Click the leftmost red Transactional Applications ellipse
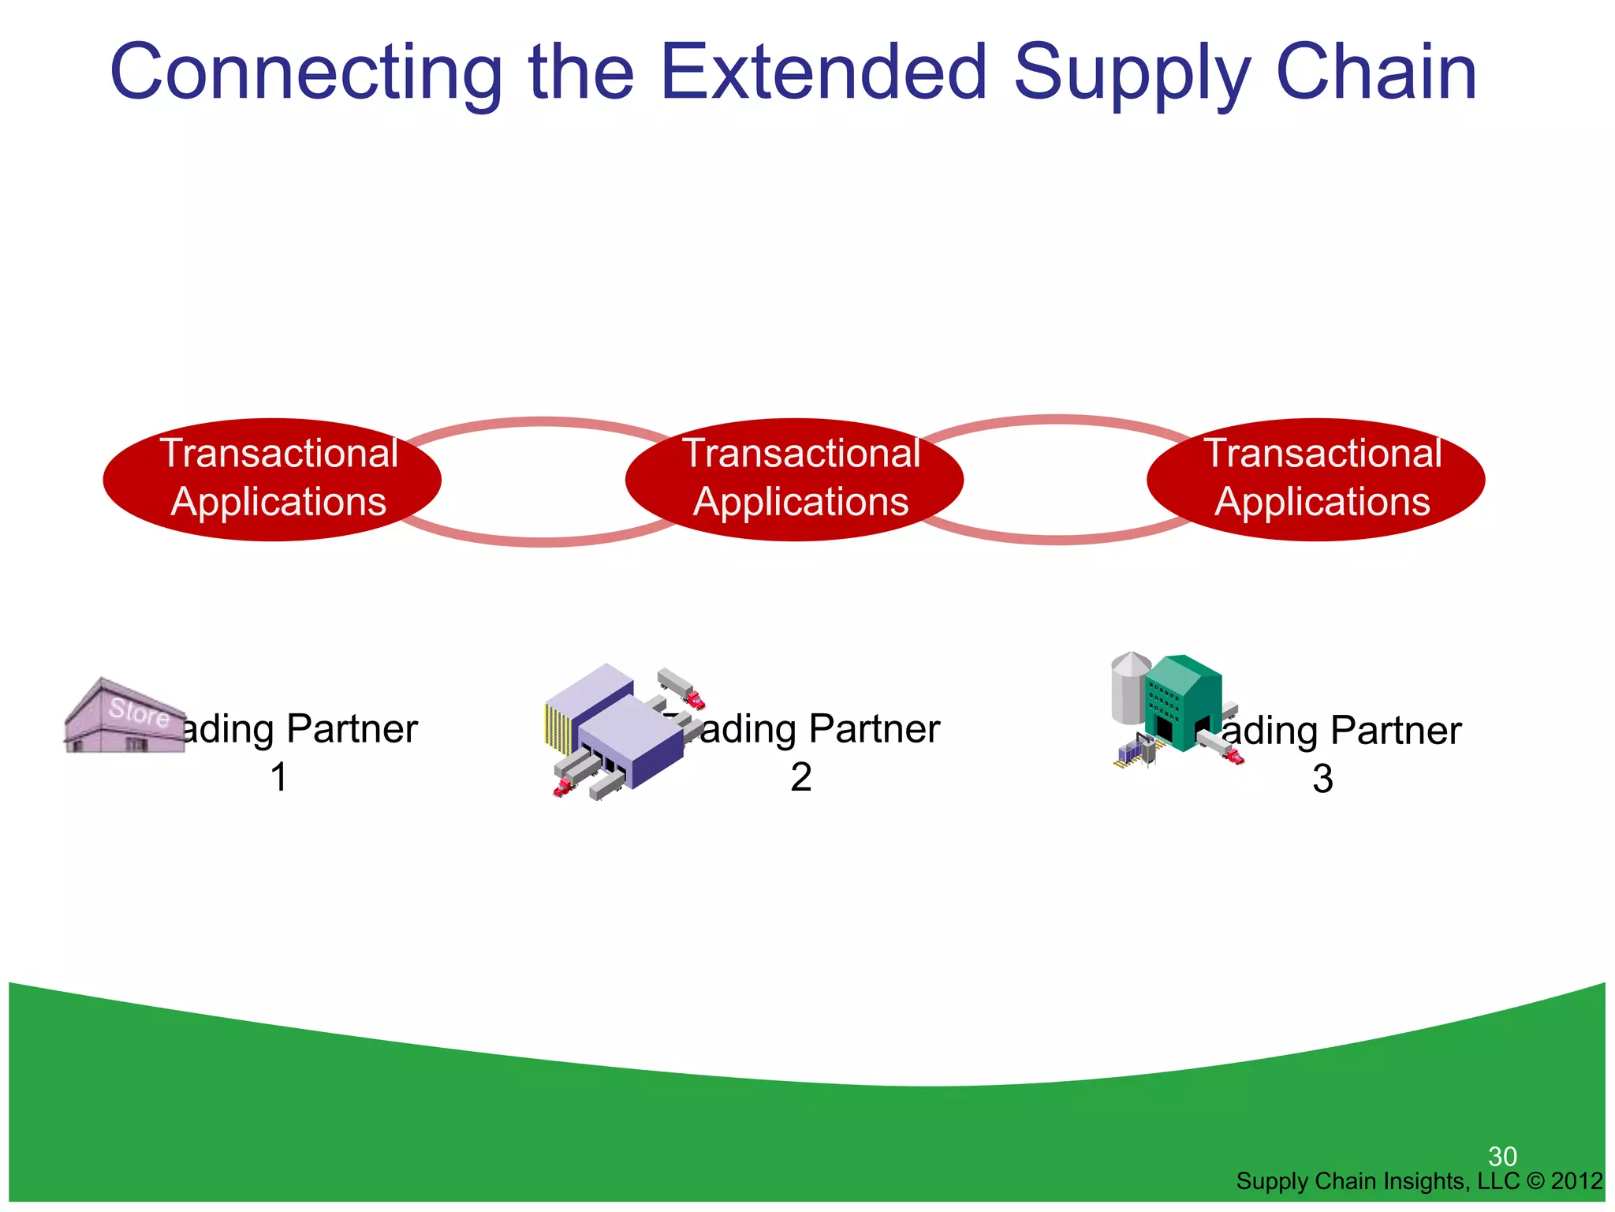pos(272,479)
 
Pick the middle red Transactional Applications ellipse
pos(794,479)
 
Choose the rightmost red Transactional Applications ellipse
pos(1316,479)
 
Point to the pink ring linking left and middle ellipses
pos(543,541)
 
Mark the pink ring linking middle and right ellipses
pos(1057,538)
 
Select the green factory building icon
pos(1183,702)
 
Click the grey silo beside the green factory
pos(1129,686)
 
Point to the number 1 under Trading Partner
pos(278,777)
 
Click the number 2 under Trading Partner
pos(800,777)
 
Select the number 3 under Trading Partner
pos(1322,779)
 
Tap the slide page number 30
pos(1502,1157)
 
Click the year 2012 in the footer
pos(1576,1181)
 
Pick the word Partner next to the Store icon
pos(352,728)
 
